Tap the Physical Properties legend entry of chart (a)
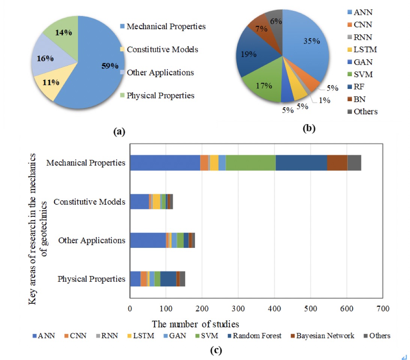pyautogui.click(x=160, y=96)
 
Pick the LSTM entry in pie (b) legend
pyautogui.click(x=364, y=49)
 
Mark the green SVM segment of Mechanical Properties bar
pyautogui.click(x=250, y=163)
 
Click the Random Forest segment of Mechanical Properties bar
pyautogui.click(x=301, y=163)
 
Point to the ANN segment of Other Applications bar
pyautogui.click(x=148, y=240)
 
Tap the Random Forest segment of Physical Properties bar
pyautogui.click(x=168, y=279)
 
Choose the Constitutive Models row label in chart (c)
pyautogui.click(x=89, y=202)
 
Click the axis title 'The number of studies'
pyautogui.click(x=195, y=323)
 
